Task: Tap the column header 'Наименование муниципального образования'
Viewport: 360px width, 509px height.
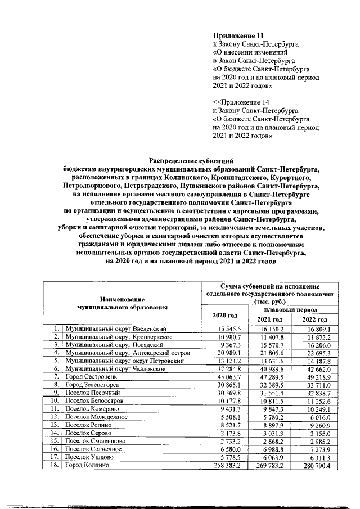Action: point(122,304)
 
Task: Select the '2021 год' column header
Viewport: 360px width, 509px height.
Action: point(269,319)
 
